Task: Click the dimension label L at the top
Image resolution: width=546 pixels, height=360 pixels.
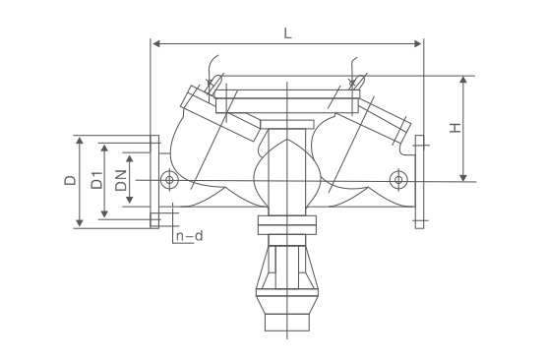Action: pos(287,33)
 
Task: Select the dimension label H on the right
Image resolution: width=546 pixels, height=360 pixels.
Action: pos(455,128)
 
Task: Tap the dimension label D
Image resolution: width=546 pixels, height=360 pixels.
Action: pos(70,180)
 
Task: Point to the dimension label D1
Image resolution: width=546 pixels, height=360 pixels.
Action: pos(97,180)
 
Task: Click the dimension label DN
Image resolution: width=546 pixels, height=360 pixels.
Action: pos(121,180)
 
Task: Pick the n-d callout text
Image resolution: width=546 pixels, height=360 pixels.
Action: pos(189,236)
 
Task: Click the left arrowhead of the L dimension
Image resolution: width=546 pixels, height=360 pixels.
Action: pos(156,43)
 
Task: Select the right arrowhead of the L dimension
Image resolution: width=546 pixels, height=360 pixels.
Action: pos(417,43)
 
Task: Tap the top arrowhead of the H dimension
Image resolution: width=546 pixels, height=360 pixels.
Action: pos(462,80)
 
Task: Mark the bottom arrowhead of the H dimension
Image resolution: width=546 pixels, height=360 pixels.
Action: pos(462,178)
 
